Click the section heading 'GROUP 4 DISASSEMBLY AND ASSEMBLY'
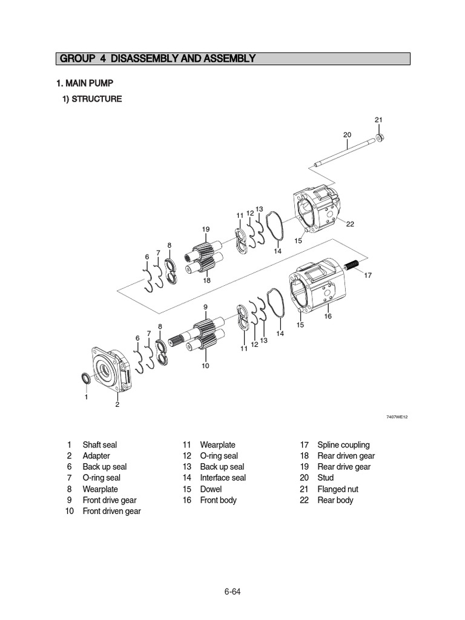pyautogui.click(x=157, y=59)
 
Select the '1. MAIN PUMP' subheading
pyautogui.click(x=85, y=83)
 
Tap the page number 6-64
pyautogui.click(x=232, y=592)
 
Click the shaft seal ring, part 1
pyautogui.click(x=88, y=379)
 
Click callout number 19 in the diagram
pyautogui.click(x=206, y=229)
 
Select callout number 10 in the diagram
pyautogui.click(x=205, y=366)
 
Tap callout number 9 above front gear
pyautogui.click(x=205, y=308)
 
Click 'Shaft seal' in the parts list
pyautogui.click(x=100, y=445)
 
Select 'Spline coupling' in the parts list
pyautogui.click(x=343, y=445)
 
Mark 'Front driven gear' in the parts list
pyautogui.click(x=111, y=511)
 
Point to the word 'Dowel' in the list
pyautogui.click(x=211, y=489)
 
